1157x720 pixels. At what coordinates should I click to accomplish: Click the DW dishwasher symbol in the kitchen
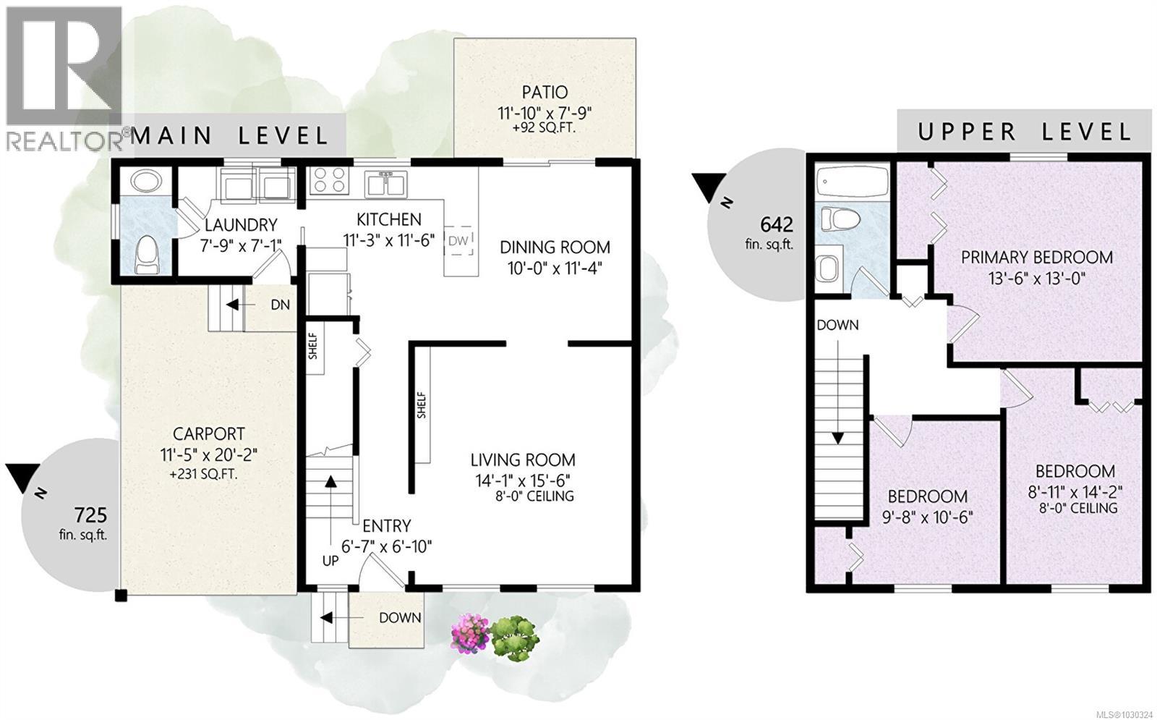coord(459,240)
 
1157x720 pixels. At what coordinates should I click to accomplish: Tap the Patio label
coord(545,93)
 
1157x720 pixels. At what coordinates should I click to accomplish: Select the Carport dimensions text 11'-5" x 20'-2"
coord(209,455)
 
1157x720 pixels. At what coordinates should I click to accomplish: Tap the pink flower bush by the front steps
coord(471,632)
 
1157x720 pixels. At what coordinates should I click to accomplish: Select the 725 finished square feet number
coord(91,515)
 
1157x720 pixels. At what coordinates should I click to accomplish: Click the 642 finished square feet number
coord(777,224)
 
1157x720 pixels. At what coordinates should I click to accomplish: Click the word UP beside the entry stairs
coord(330,561)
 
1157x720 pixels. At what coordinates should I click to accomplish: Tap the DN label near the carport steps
coord(281,305)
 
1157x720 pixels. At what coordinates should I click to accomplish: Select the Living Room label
coord(523,459)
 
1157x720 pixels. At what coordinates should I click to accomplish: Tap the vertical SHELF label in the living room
coord(421,405)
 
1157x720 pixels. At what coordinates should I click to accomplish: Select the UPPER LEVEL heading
coord(1025,132)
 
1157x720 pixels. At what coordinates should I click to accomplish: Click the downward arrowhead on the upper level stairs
coord(838,439)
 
